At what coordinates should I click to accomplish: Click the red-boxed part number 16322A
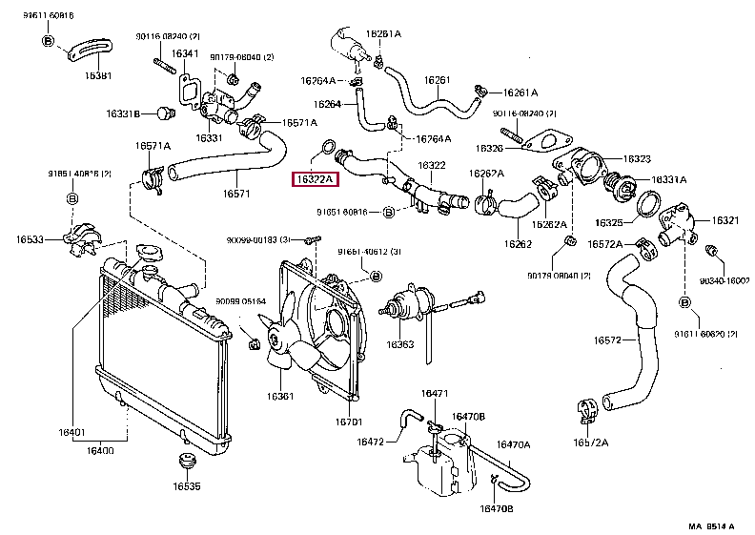tap(316, 179)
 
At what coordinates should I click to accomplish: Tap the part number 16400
tap(102, 450)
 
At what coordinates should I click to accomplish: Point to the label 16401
tap(72, 432)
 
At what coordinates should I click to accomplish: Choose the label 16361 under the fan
tap(280, 396)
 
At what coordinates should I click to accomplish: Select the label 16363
tap(399, 343)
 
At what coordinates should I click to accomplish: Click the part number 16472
tap(370, 442)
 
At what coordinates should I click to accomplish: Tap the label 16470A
tap(515, 444)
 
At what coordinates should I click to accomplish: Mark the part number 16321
tap(727, 220)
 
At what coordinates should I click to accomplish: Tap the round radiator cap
tap(148, 254)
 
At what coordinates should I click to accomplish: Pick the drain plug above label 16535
tap(187, 464)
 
